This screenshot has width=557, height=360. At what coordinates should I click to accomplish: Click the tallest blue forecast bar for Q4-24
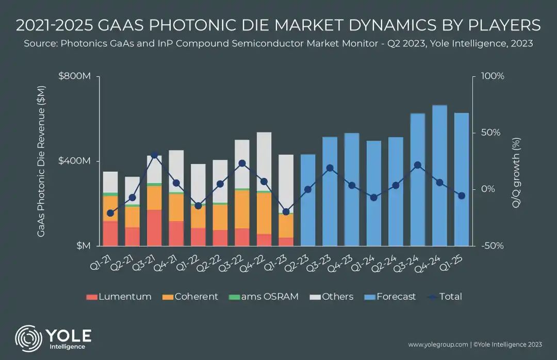(x=439, y=175)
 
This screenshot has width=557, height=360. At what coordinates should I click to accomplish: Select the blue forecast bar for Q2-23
(x=307, y=200)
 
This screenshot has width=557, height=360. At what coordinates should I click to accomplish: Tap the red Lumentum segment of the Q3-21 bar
(x=154, y=228)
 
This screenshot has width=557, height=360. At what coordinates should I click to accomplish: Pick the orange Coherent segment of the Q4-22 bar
(x=264, y=213)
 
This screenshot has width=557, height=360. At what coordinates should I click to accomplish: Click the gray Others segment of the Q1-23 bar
(x=286, y=184)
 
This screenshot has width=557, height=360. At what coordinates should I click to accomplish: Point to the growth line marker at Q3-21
(x=154, y=155)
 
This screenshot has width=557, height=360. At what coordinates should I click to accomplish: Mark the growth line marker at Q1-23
(x=286, y=212)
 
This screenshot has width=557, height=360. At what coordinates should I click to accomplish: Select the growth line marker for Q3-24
(x=418, y=165)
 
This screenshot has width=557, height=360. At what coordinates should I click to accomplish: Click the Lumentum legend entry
(x=119, y=297)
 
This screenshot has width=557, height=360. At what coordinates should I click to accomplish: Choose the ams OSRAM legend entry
(x=264, y=297)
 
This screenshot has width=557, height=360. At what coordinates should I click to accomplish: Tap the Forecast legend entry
(x=390, y=297)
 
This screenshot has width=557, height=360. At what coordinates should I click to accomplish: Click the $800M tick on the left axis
(x=75, y=76)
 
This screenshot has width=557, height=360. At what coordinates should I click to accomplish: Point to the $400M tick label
(x=75, y=161)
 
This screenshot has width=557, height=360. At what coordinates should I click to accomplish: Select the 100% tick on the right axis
(x=493, y=76)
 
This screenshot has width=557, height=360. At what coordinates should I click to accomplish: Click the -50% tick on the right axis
(x=493, y=246)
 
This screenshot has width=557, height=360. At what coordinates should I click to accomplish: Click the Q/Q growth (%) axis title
(x=516, y=173)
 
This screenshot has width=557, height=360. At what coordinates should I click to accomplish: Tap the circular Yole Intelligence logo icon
(x=28, y=339)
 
